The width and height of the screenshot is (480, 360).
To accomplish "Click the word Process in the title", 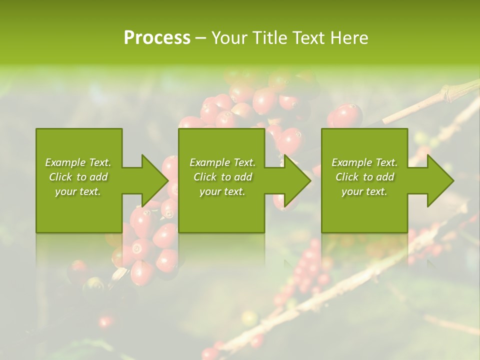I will point(157,38).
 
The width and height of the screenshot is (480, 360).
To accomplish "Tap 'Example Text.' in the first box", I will point(78,162).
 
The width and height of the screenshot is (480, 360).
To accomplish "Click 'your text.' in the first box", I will point(78,191).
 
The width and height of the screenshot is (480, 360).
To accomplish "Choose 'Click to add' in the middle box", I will point(222,177).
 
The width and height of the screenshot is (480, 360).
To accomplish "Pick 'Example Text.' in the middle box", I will point(222,162).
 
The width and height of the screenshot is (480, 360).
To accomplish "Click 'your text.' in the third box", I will point(364,191).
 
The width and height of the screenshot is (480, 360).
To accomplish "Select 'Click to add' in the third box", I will point(364,177).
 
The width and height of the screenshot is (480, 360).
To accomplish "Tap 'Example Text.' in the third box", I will point(364,162).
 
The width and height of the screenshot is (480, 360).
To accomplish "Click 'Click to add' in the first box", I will point(78,177).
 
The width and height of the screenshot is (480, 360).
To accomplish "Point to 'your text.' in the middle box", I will point(222,191).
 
